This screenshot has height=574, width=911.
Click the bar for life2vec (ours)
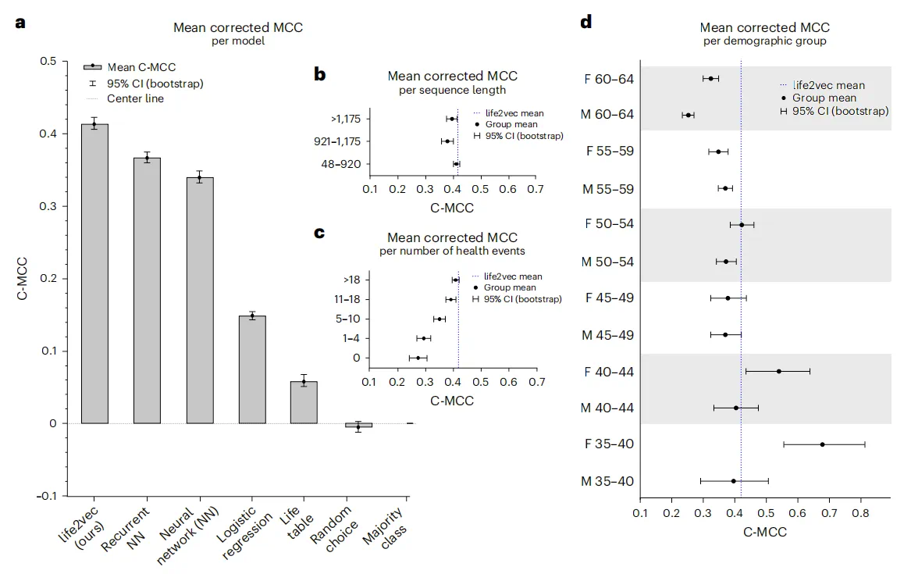(x=94, y=273)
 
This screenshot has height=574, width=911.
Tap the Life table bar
(x=304, y=402)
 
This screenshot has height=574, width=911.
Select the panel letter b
(x=320, y=76)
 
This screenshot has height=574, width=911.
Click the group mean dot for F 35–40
(x=823, y=444)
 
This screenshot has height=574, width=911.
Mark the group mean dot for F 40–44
(x=779, y=371)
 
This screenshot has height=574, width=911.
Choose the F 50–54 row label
(x=608, y=224)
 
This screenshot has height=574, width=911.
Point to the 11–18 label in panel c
(x=347, y=299)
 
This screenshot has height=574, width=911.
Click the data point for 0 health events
(x=418, y=358)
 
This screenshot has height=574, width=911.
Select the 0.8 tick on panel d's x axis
(x=860, y=514)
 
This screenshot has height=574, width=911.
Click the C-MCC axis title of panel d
(x=764, y=533)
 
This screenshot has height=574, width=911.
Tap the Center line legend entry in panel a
(x=135, y=98)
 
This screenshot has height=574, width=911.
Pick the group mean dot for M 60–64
(x=688, y=115)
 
